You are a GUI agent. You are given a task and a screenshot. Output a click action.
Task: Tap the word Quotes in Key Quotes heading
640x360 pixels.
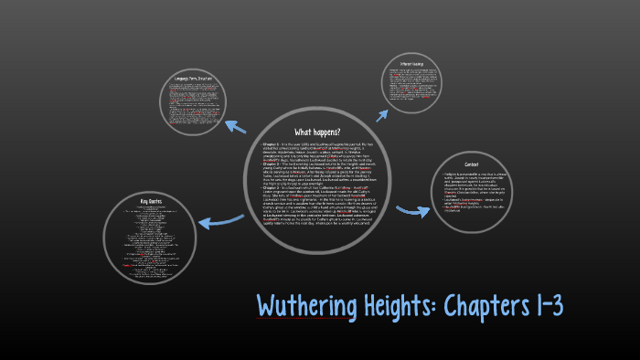pos(156,200)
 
